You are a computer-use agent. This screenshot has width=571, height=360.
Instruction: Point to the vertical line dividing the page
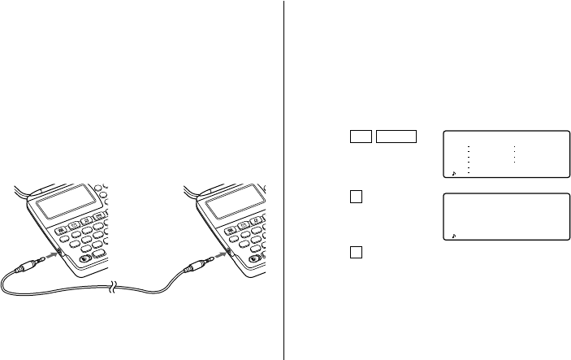[283, 179]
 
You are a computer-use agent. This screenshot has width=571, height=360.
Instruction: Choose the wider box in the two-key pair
[396, 137]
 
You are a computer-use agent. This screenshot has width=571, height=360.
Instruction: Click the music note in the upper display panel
[454, 173]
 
